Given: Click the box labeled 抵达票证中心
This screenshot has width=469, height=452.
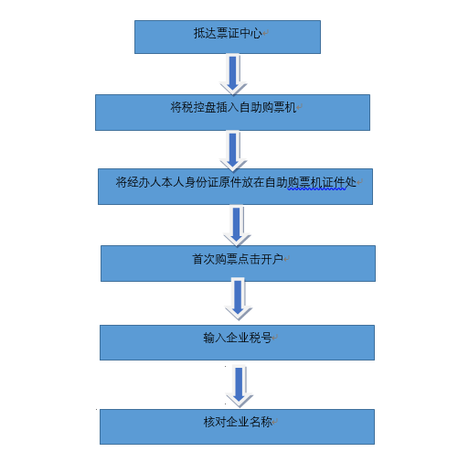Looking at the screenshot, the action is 228,37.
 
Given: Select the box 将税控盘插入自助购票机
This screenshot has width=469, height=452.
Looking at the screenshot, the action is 232,113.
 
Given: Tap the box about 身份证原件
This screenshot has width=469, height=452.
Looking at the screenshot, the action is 235,187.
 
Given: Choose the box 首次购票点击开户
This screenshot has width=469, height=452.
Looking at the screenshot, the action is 238,264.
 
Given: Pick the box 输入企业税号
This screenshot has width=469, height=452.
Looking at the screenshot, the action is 237,342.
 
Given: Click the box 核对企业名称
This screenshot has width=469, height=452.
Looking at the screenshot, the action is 237,426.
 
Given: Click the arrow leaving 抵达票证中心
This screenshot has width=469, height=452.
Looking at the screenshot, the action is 233,74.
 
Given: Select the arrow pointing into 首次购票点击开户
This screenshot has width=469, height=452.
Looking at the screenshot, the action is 237,225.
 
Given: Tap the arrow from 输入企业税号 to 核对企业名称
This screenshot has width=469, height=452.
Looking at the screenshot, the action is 240,386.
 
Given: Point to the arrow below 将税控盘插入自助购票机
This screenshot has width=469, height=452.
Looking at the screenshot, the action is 233,151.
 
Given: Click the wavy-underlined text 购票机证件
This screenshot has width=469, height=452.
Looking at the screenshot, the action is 316,182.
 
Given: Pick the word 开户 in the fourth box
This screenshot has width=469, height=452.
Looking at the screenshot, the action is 272,259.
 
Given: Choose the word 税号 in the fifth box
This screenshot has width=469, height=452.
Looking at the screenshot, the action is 261,338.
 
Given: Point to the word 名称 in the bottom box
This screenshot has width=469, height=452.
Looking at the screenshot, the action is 261,422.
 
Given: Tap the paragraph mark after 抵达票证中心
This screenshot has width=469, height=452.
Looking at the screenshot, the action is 265,32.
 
